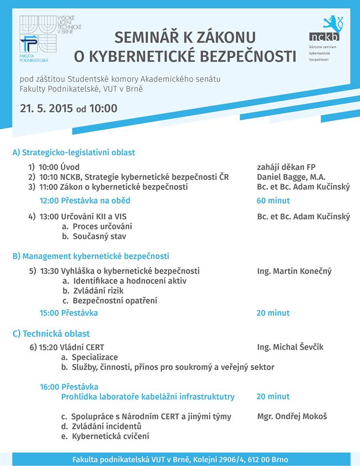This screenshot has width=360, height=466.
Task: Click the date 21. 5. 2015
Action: point(47,108)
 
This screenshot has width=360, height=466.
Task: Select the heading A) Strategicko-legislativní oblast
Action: point(74,152)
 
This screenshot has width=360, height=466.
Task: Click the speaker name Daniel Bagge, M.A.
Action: point(291,177)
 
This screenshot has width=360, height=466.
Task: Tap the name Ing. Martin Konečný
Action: point(294,271)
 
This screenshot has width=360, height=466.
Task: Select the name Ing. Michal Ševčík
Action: point(290,347)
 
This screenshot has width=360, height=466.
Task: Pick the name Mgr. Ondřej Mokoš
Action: point(292,416)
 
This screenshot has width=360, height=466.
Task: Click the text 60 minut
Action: point(273,200)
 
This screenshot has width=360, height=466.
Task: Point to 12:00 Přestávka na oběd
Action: point(85,200)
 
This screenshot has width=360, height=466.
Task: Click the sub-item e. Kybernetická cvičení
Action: point(105,436)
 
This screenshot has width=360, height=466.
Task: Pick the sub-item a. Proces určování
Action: point(97,227)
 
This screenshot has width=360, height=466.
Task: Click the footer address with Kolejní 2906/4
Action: point(180,459)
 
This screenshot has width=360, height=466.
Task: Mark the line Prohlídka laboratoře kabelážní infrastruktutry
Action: point(148,397)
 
